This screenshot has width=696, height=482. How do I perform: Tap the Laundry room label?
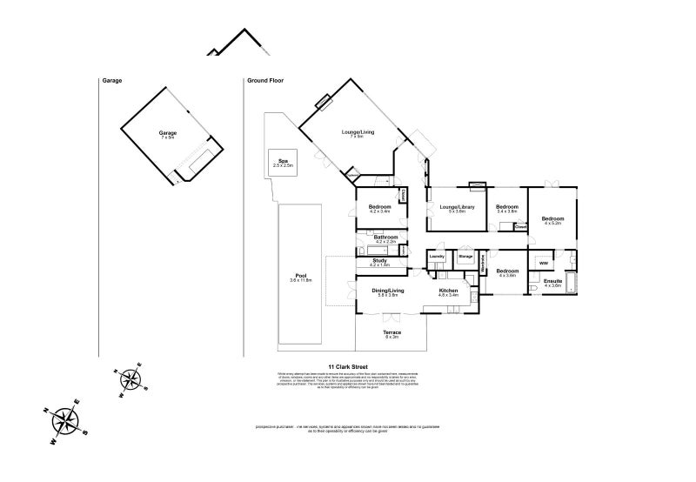(x=438, y=257)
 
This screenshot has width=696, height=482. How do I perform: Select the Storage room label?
(x=465, y=257)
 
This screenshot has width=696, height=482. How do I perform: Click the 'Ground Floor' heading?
(x=264, y=80)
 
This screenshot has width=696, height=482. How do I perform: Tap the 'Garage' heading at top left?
(x=112, y=80)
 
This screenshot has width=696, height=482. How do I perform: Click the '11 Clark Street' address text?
(x=343, y=366)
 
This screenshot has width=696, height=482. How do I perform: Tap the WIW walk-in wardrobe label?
(x=543, y=263)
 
